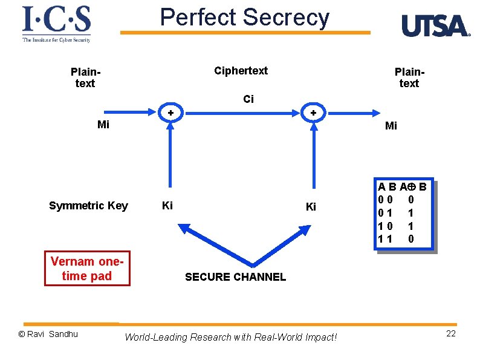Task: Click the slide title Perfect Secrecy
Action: (x=245, y=18)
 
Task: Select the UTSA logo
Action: (x=435, y=26)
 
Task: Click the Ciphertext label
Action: (x=241, y=71)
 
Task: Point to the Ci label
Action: (x=248, y=99)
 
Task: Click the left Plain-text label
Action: (x=85, y=77)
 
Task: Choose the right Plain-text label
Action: (x=409, y=77)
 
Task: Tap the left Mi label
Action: (x=103, y=126)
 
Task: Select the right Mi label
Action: (x=391, y=126)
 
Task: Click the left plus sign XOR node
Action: (x=170, y=113)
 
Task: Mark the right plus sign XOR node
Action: (x=313, y=113)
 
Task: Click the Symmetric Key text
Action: (x=88, y=206)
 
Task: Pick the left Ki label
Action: (x=167, y=206)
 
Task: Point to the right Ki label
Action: (x=311, y=206)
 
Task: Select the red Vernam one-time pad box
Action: (x=87, y=269)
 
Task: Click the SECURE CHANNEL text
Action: (x=235, y=277)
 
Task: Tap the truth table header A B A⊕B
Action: (x=402, y=187)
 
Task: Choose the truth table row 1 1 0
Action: (x=396, y=239)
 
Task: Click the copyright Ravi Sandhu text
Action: (x=48, y=334)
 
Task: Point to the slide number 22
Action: (x=450, y=334)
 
